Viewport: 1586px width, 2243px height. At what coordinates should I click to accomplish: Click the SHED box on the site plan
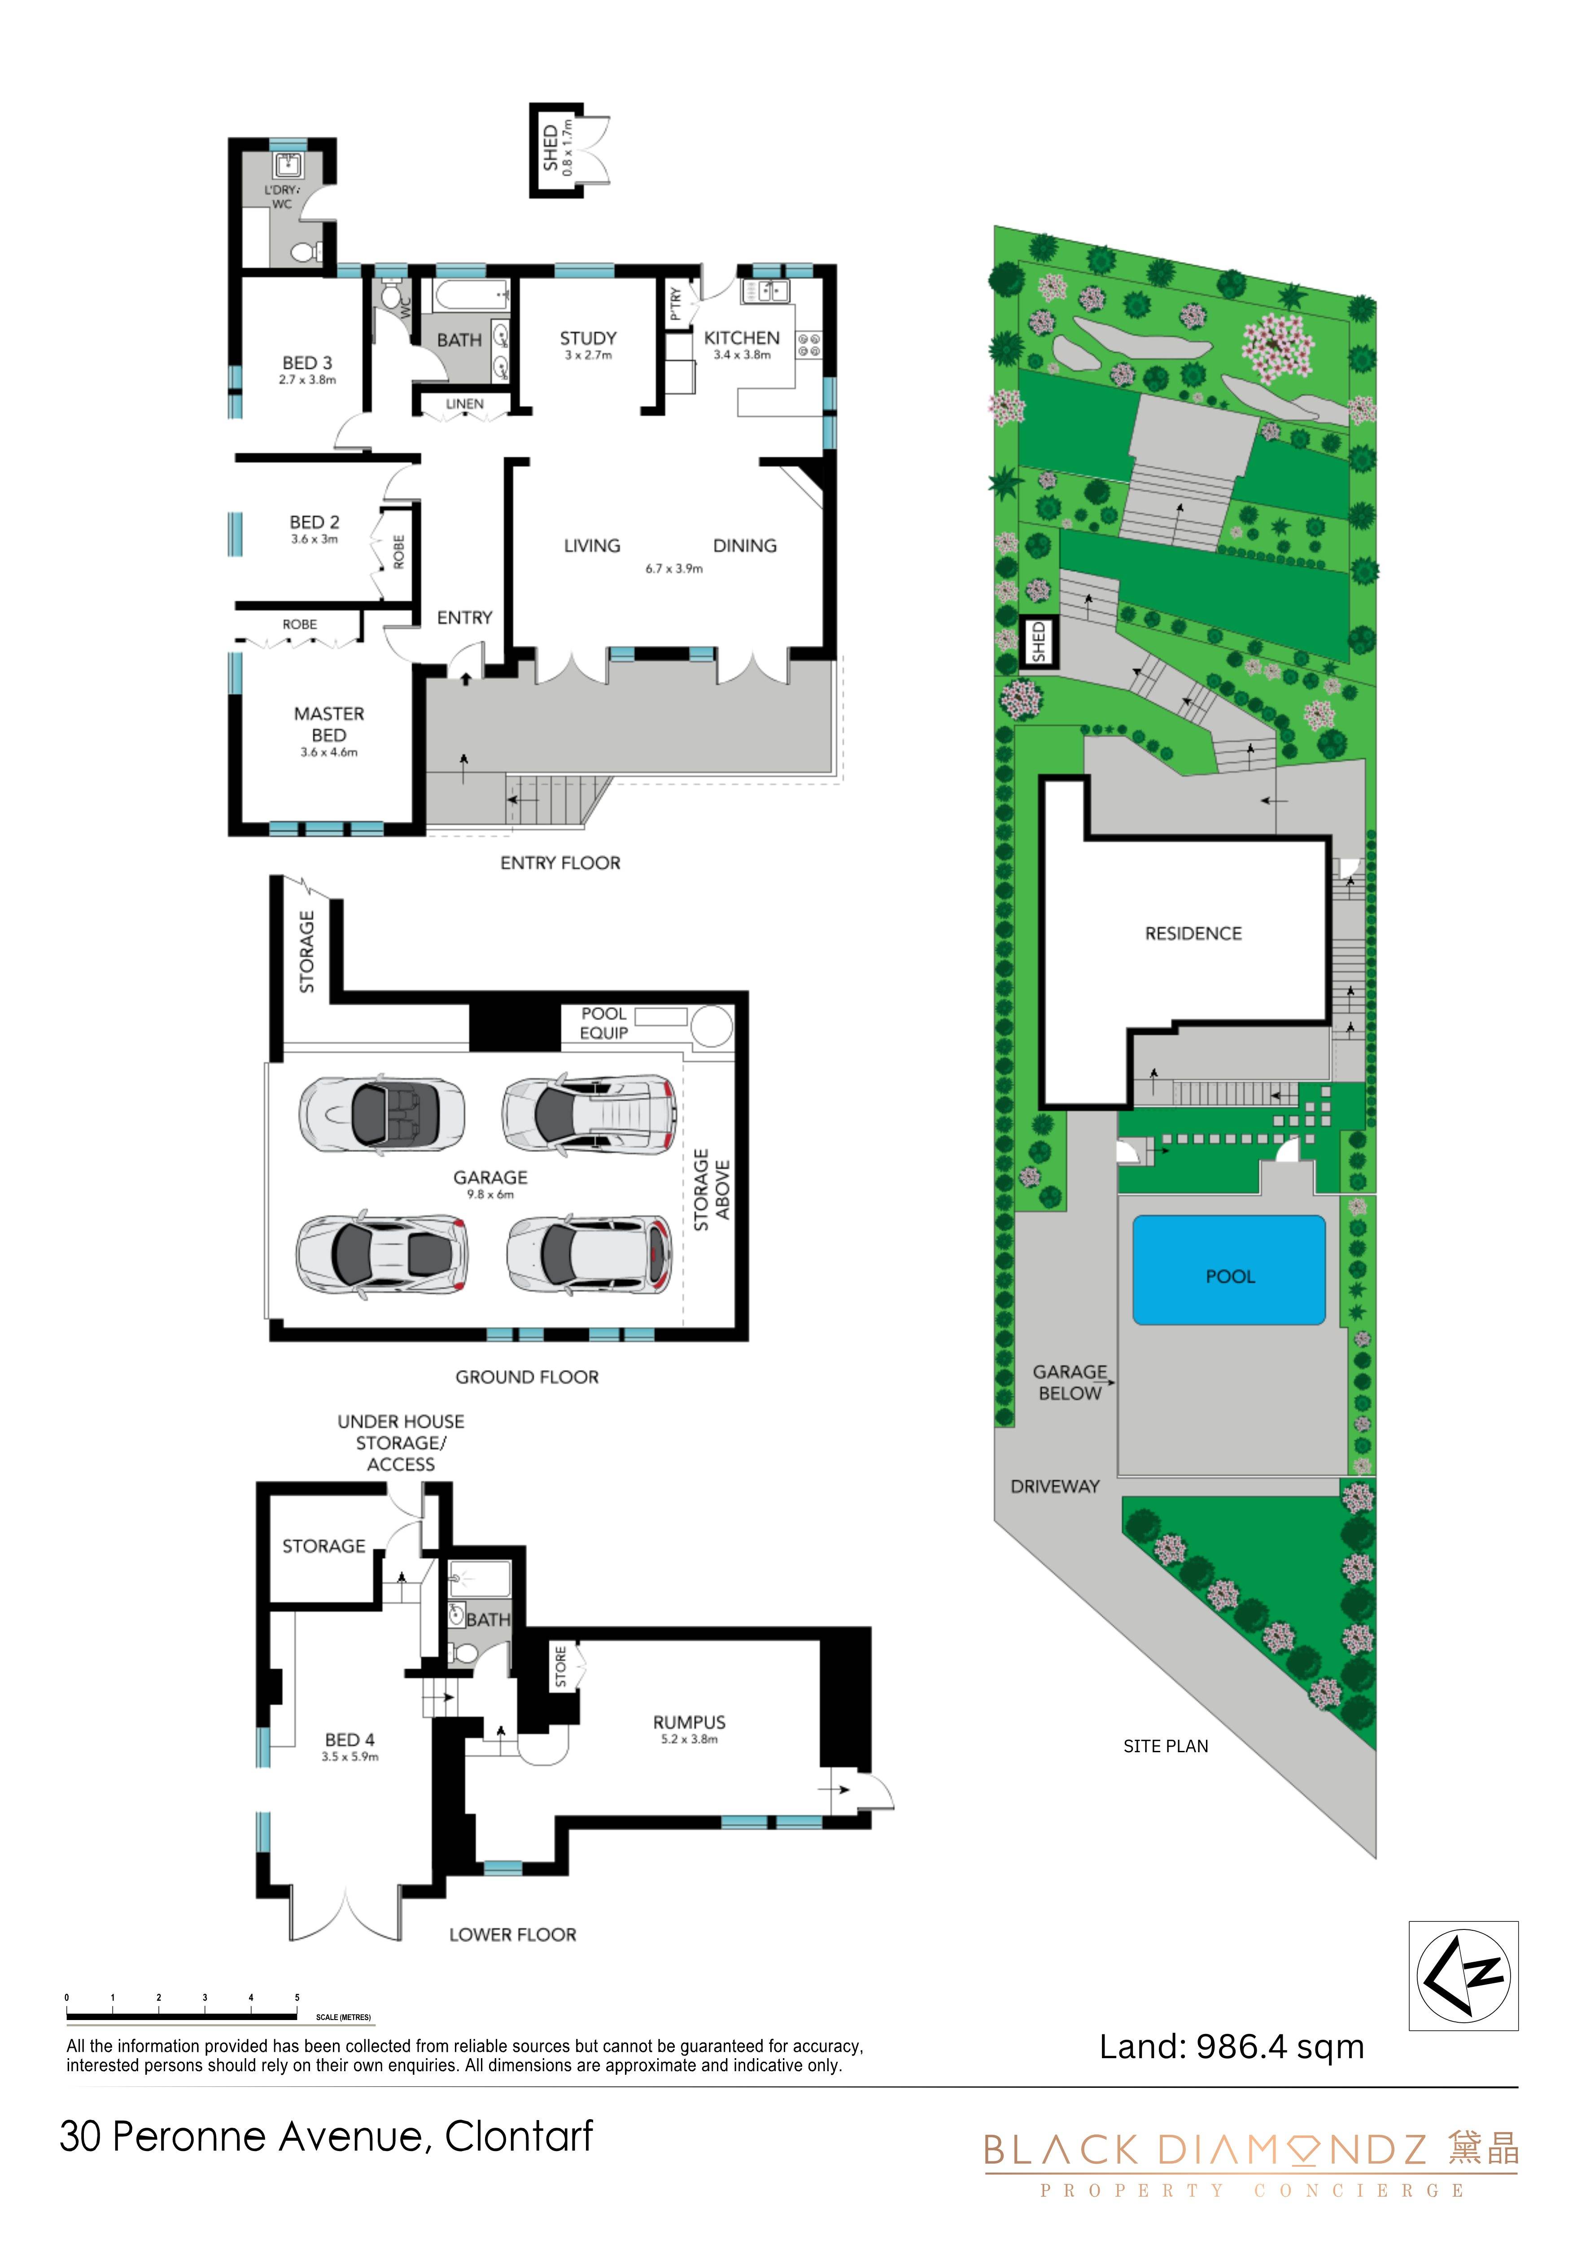(1038, 642)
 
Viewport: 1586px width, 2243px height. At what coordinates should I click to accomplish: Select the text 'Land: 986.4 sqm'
(1231, 2047)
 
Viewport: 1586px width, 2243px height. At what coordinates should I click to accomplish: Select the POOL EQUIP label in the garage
(604, 1023)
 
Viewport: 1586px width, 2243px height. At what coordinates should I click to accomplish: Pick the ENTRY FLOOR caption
(560, 863)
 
